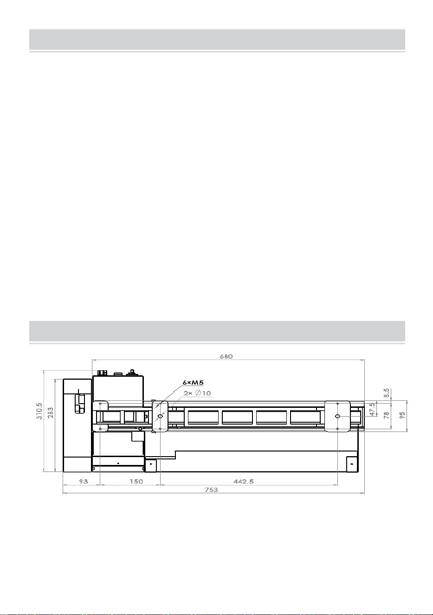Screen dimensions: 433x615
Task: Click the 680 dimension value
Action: [x=226, y=356]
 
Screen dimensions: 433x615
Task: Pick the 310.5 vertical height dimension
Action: [x=39, y=411]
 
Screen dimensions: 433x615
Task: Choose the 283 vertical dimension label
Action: [x=51, y=413]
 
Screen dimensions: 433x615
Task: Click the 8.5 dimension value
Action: [x=386, y=393]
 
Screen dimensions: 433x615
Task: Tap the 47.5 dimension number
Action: [x=372, y=409]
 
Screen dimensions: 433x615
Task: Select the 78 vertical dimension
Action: [x=386, y=415]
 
